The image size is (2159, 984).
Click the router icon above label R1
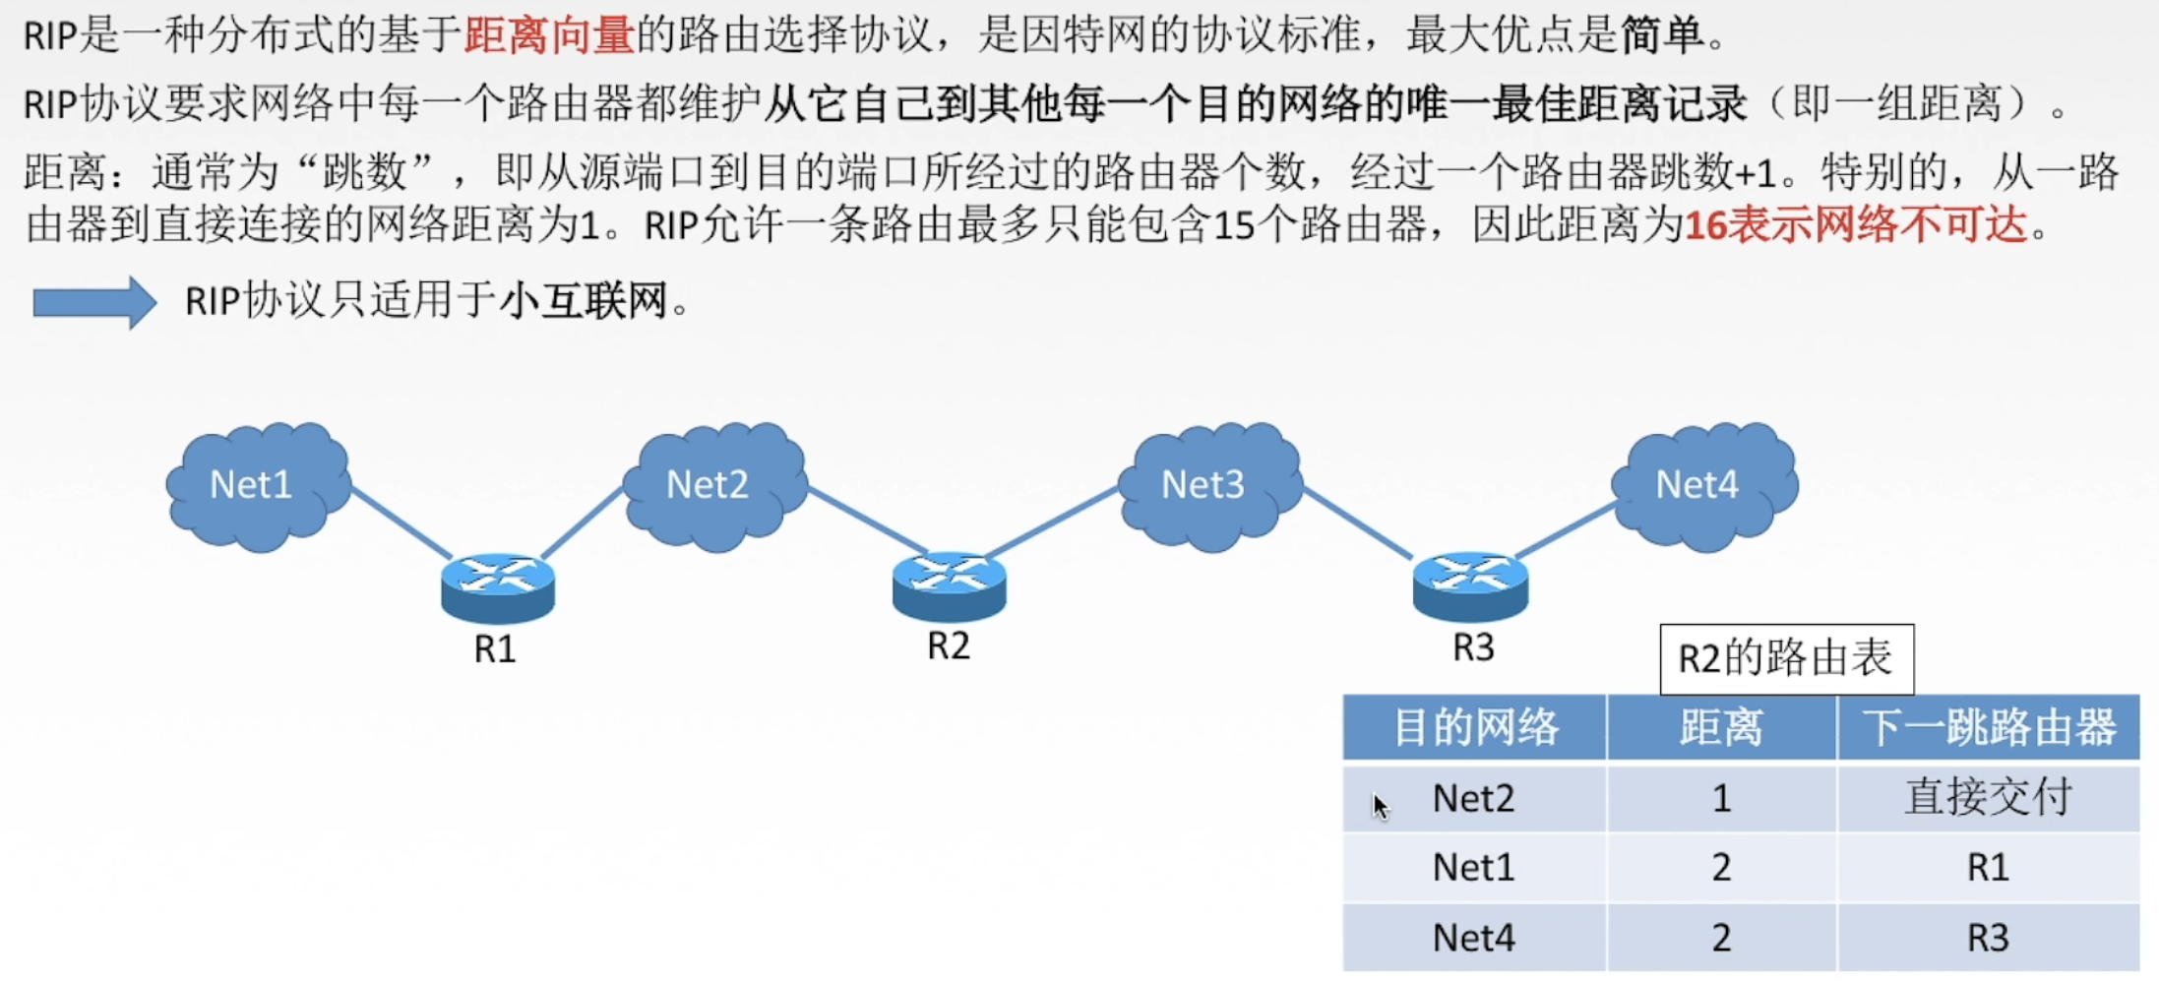pos(497,587)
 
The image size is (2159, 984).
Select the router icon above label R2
pos(949,585)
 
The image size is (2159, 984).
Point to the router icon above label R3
pos(1470,586)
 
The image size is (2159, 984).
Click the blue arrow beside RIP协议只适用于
pos(94,301)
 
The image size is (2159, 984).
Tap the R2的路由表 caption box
pos(1785,658)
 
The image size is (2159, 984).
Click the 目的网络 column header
pos(1474,728)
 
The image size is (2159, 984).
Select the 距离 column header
pos(1720,728)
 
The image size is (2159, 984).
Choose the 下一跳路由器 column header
pos(1988,728)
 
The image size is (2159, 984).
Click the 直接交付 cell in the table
pos(1988,798)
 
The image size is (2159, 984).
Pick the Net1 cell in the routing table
pos(1473,868)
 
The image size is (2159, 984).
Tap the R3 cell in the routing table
pos(1988,938)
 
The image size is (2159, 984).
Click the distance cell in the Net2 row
pos(1720,798)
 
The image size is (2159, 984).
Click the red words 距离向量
pos(549,35)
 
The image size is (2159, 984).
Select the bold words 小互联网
pos(584,301)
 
